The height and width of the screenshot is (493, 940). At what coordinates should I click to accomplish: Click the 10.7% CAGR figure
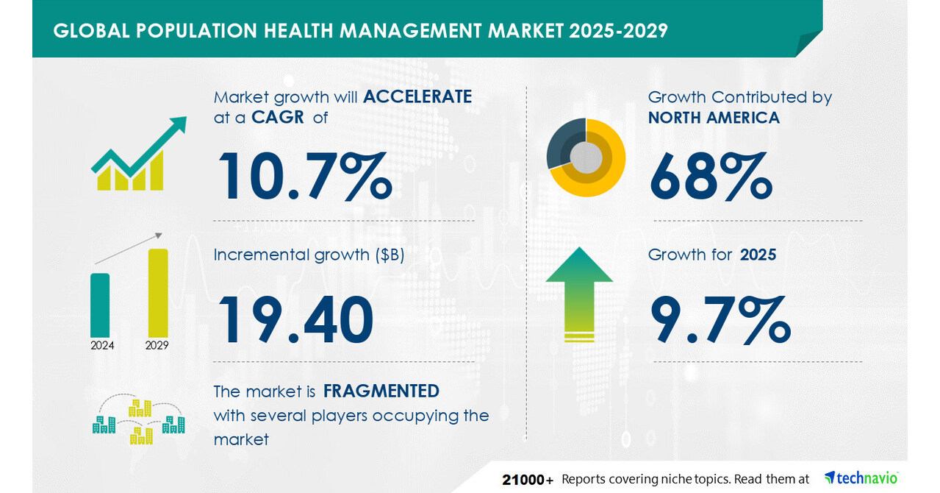tap(304, 177)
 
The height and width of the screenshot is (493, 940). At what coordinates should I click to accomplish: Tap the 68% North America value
tap(710, 177)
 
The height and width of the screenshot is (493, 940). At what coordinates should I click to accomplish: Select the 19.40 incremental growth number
tap(295, 320)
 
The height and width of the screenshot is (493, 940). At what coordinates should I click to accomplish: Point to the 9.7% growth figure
tap(720, 320)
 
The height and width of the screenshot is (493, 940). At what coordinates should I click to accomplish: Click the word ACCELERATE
tap(417, 97)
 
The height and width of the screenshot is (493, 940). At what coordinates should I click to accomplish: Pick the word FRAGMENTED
tap(381, 391)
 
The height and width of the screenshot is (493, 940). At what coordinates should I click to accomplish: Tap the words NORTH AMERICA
tap(714, 118)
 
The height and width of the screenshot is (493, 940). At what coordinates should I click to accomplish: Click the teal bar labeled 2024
tap(100, 304)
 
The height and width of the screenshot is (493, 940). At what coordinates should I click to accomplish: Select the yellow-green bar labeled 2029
tap(158, 292)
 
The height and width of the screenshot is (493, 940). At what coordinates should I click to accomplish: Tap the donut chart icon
tap(586, 157)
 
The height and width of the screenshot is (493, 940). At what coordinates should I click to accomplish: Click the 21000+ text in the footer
tap(528, 480)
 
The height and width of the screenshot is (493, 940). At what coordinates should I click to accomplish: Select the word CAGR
tap(278, 118)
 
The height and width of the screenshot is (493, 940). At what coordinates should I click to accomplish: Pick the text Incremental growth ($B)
tap(309, 255)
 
